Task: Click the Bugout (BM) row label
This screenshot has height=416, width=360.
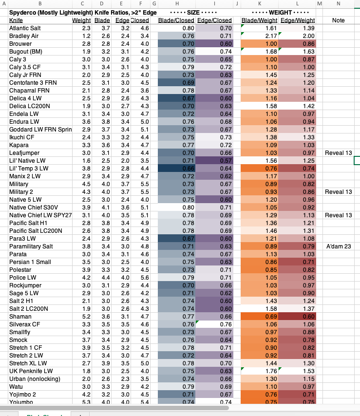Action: [x=26, y=51]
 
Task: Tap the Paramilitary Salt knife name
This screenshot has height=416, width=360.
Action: [x=31, y=246]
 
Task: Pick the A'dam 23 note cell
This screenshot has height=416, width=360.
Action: [x=339, y=246]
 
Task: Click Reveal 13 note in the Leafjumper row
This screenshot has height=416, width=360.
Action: [x=339, y=153]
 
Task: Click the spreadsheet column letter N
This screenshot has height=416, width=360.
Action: [x=339, y=4]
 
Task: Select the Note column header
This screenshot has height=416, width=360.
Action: [x=339, y=20]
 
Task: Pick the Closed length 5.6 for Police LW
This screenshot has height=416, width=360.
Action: [x=144, y=278]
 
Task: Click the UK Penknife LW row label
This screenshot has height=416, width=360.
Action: [x=31, y=371]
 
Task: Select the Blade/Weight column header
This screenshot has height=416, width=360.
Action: [x=260, y=20]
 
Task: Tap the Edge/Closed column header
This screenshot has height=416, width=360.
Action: [x=214, y=20]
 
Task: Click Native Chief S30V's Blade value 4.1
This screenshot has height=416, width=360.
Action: [x=106, y=208]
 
